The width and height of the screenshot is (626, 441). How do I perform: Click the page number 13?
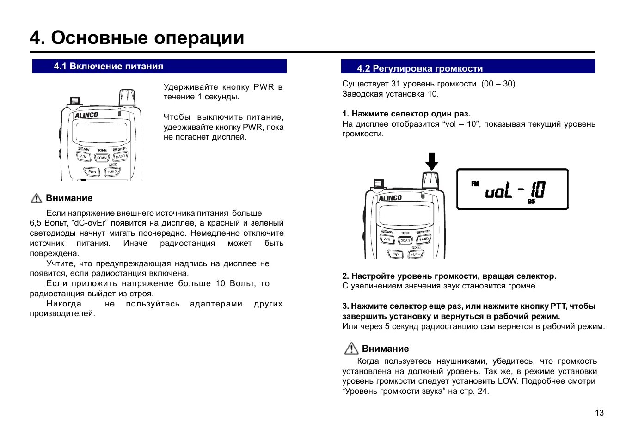(x=599, y=413)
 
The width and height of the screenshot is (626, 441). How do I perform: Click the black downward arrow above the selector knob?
(x=431, y=161)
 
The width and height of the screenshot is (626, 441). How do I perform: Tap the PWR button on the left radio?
(x=92, y=171)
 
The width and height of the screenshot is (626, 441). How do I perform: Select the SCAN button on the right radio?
(x=405, y=240)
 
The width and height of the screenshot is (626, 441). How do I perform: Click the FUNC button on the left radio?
(x=112, y=171)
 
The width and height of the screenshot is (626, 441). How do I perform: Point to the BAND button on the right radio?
(x=423, y=239)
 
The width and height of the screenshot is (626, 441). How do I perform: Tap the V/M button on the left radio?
(x=83, y=157)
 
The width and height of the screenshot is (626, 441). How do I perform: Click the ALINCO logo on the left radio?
(x=86, y=115)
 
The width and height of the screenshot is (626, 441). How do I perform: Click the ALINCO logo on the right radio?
(x=390, y=198)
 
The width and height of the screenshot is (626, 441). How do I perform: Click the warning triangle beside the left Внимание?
(x=36, y=198)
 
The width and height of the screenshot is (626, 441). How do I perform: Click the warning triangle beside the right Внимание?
(x=351, y=348)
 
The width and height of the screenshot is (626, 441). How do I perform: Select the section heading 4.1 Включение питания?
(x=109, y=67)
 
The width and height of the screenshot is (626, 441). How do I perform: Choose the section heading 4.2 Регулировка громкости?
(x=420, y=69)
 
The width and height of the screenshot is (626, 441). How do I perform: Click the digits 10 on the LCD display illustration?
(x=538, y=190)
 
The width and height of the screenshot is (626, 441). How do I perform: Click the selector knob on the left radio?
(x=127, y=98)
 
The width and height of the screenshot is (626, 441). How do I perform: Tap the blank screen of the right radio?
(x=405, y=215)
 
